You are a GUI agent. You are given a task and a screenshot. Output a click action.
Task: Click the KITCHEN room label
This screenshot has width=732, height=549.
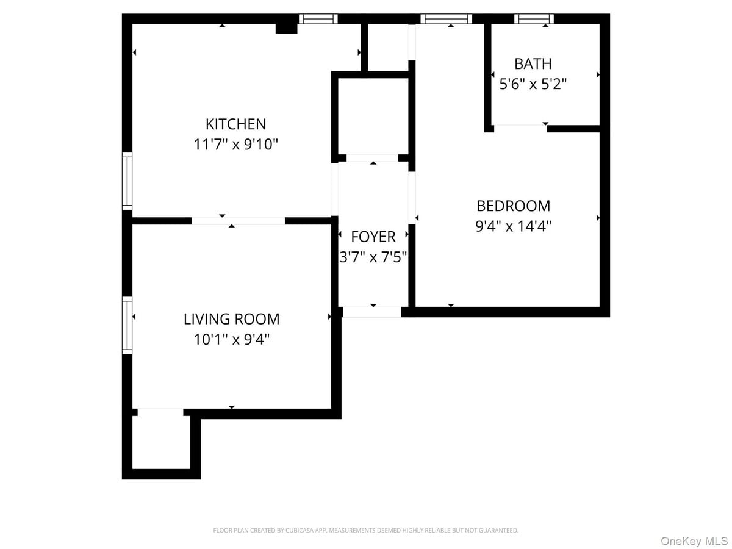click(x=235, y=124)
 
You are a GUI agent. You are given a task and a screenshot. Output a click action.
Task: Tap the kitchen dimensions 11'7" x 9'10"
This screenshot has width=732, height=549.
click(x=235, y=145)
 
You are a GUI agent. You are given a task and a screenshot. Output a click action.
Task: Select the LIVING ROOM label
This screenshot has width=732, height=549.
click(x=232, y=319)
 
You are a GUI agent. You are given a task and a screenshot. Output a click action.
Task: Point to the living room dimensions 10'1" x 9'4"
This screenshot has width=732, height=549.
click(x=232, y=339)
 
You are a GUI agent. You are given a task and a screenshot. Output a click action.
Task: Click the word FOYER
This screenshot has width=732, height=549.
click(x=373, y=237)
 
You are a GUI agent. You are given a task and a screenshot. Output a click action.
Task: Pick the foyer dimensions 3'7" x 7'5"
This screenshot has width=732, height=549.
click(x=373, y=257)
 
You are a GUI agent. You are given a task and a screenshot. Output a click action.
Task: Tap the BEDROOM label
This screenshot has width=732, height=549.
click(x=513, y=206)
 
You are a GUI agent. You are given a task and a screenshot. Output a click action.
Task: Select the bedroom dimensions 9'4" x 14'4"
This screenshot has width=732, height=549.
click(x=513, y=226)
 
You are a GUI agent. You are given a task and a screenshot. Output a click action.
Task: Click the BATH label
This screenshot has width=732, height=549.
click(x=533, y=63)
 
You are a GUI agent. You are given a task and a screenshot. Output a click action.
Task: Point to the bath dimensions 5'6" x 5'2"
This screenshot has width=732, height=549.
click(x=533, y=84)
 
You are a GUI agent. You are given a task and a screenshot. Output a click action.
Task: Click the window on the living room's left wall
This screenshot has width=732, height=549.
click(x=127, y=325)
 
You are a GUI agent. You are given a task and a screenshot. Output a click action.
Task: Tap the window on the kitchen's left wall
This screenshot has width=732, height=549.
click(x=127, y=181)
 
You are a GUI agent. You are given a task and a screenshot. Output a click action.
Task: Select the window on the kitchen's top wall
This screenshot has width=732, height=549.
click(x=318, y=19)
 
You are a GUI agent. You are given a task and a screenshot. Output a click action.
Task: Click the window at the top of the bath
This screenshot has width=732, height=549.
click(x=534, y=19)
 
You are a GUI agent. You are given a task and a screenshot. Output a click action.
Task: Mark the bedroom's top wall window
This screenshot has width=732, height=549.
click(x=447, y=19)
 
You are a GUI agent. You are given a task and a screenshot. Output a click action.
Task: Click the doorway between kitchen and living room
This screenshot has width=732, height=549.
click(x=238, y=221)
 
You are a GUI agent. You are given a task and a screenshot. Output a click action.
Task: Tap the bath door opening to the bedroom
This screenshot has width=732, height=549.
click(x=519, y=127)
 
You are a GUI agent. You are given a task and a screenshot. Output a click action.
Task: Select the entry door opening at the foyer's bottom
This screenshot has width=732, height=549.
click(x=372, y=312)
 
